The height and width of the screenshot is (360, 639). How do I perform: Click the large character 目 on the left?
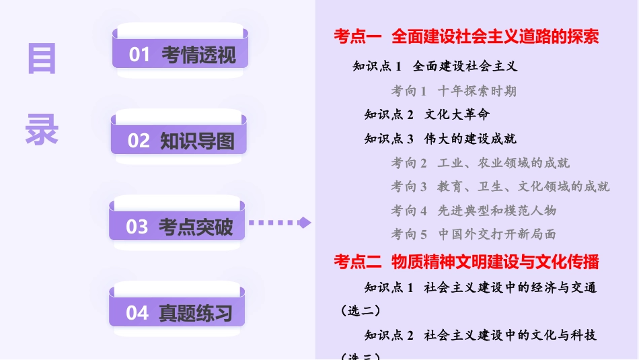pyautogui.click(x=42, y=59)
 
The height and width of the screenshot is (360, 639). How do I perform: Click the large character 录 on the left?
pyautogui.click(x=42, y=129)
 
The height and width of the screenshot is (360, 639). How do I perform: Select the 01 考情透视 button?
pyautogui.click(x=180, y=55)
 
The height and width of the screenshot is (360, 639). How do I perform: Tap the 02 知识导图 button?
pyautogui.click(x=180, y=141)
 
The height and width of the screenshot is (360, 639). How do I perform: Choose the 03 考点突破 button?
pyautogui.click(x=178, y=227)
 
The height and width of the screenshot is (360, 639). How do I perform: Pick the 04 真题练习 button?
pyautogui.click(x=178, y=313)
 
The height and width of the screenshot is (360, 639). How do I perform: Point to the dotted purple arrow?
pyautogui.click(x=280, y=223)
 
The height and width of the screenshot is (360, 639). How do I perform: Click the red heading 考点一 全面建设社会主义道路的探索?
pyautogui.click(x=465, y=36)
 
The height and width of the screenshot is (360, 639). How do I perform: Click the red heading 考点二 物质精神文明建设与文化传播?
pyautogui.click(x=465, y=261)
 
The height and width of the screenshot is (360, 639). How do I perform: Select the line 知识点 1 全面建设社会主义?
pyautogui.click(x=435, y=66)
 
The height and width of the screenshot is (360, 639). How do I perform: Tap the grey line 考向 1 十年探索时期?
pyautogui.click(x=453, y=90)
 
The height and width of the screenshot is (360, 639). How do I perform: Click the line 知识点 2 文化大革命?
pyautogui.click(x=426, y=114)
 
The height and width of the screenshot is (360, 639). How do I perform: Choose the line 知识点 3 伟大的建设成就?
pyautogui.click(x=440, y=139)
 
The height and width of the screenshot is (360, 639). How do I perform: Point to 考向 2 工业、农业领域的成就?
pyautogui.click(x=480, y=163)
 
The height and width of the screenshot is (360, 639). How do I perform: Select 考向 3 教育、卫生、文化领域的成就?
pyautogui.click(x=500, y=186)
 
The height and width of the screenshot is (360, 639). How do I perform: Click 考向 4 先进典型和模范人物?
pyautogui.click(x=474, y=211)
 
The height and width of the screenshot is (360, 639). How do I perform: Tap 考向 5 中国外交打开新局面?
pyautogui.click(x=474, y=235)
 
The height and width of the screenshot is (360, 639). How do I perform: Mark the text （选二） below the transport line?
pyautogui.click(x=361, y=310)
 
